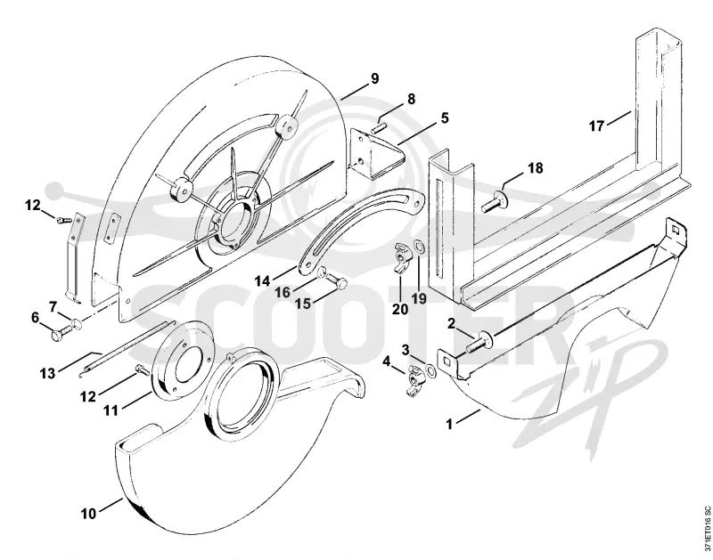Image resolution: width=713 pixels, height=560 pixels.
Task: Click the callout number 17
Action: click(x=596, y=126)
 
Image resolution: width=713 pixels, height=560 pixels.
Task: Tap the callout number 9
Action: click(x=374, y=78)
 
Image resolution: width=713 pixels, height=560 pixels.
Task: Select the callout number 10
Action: click(x=88, y=514)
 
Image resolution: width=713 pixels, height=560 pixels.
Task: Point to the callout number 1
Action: click(x=449, y=424)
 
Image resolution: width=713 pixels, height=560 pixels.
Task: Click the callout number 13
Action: click(x=47, y=373)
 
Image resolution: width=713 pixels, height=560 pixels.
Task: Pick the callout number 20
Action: click(x=400, y=309)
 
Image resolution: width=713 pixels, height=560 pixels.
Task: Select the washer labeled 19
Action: click(x=417, y=248)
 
